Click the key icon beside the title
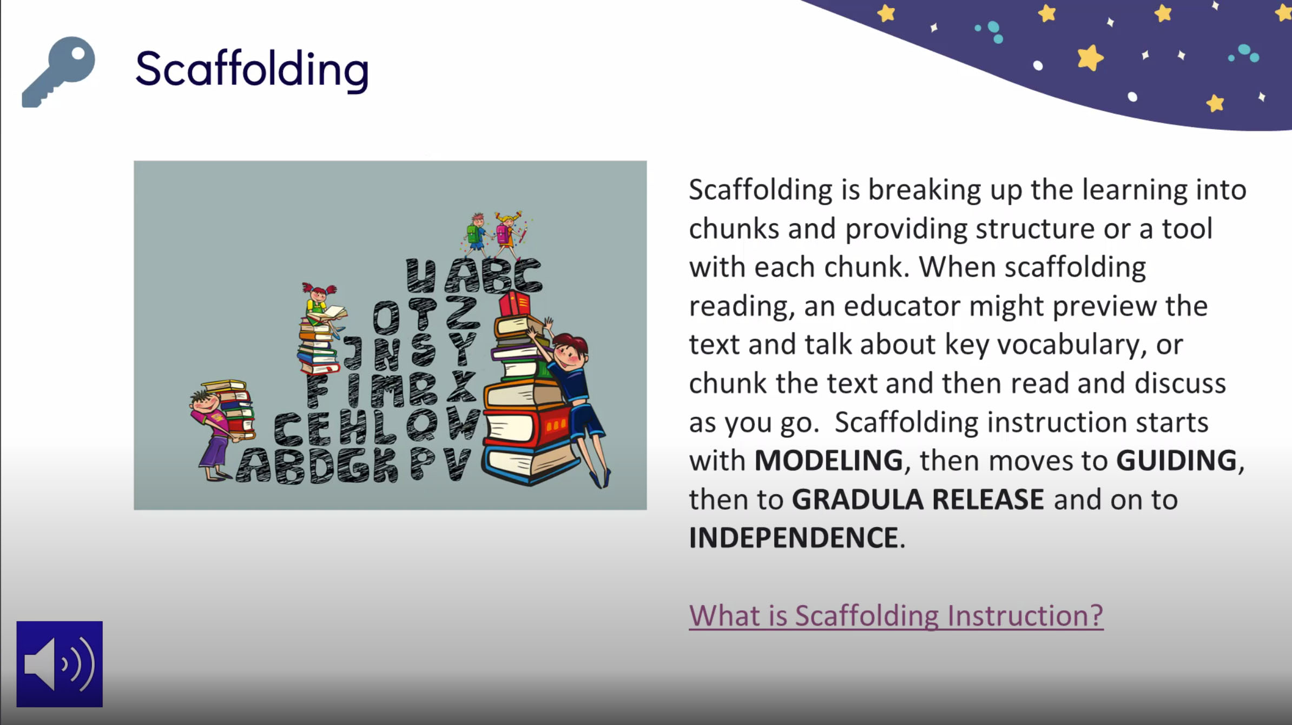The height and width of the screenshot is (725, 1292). click(x=58, y=71)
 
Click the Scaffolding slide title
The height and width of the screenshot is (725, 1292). click(x=252, y=69)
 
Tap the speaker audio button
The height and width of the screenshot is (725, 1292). click(x=60, y=664)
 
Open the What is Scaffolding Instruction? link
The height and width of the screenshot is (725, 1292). click(x=895, y=616)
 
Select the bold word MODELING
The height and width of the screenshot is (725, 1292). click(x=828, y=461)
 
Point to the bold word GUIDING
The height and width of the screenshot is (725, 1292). click(x=1176, y=461)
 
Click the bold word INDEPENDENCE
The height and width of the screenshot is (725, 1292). click(x=793, y=538)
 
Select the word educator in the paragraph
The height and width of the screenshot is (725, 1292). click(x=902, y=306)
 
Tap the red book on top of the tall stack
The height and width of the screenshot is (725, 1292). click(x=514, y=304)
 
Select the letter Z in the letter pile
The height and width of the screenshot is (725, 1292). click(x=463, y=312)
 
